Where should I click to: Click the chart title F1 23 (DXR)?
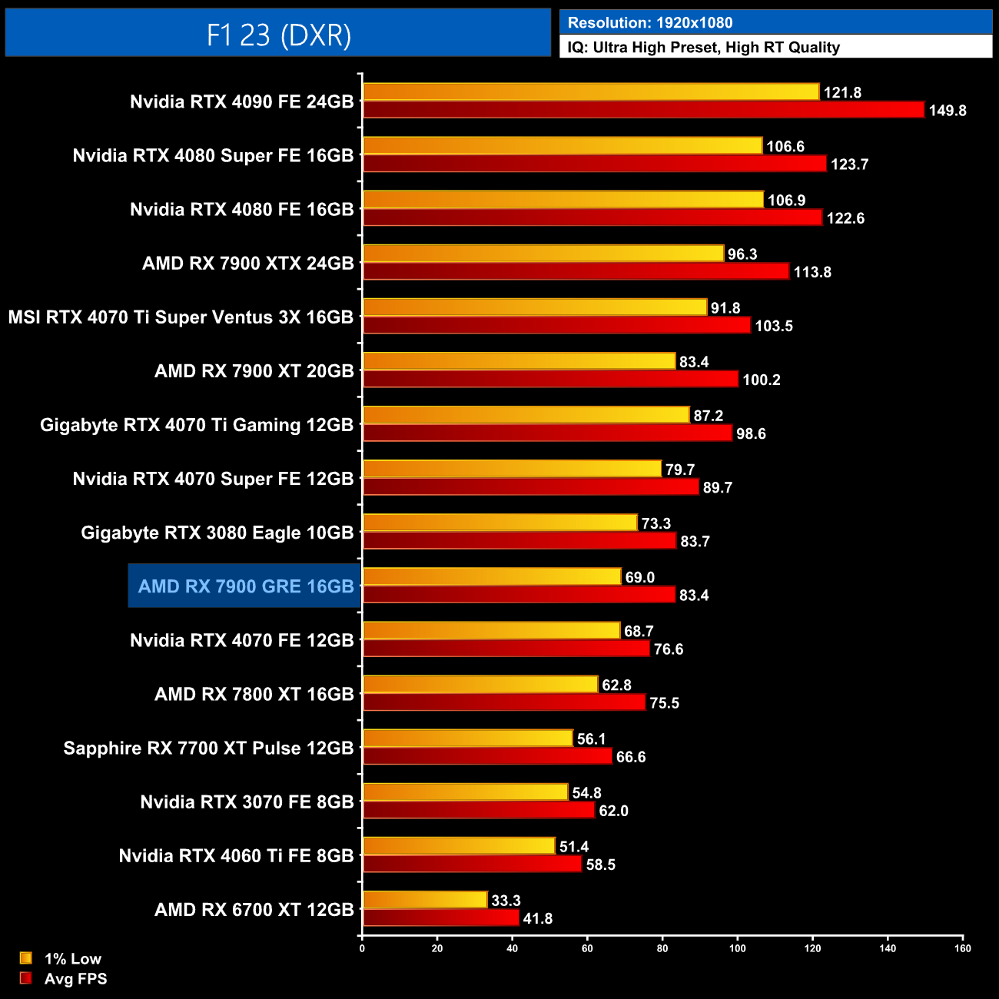click(x=278, y=35)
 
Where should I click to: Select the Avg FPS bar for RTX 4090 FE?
click(x=643, y=110)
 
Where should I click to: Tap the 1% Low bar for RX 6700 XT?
click(x=425, y=900)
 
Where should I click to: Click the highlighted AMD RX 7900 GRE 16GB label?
click(x=245, y=587)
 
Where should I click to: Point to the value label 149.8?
click(x=947, y=111)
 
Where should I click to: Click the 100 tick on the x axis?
click(x=737, y=948)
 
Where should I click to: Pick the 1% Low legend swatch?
click(x=26, y=958)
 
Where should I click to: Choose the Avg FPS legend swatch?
click(x=26, y=978)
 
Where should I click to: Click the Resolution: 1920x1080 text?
click(x=650, y=23)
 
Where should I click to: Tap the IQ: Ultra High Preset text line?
click(x=703, y=48)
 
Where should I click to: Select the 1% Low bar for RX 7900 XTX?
click(x=543, y=254)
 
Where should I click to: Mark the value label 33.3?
click(x=506, y=901)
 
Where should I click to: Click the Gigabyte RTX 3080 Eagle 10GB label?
click(x=217, y=533)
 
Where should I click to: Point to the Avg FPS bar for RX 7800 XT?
click(x=504, y=702)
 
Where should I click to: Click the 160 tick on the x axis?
click(x=962, y=948)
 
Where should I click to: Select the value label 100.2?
click(x=761, y=380)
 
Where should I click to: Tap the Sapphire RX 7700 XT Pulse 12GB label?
click(x=208, y=748)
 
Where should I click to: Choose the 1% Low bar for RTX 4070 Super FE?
click(x=512, y=469)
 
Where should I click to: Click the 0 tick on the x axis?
click(x=362, y=948)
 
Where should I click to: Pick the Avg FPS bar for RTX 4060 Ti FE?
click(x=472, y=864)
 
